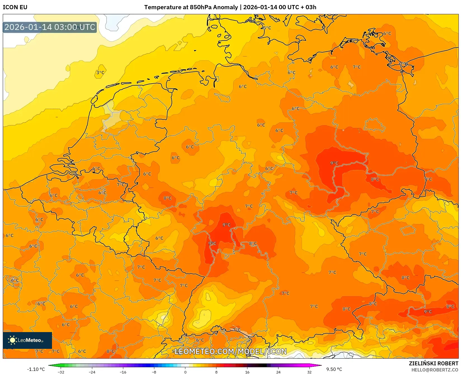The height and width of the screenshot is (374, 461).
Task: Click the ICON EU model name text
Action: (x=15, y=7)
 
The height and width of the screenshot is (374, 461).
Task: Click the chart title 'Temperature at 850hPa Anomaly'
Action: (x=191, y=7)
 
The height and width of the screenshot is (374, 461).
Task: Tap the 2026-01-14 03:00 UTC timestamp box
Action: (x=50, y=27)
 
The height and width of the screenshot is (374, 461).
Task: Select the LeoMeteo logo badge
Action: (x=27, y=340)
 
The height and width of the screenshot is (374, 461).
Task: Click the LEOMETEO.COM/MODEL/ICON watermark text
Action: (x=231, y=351)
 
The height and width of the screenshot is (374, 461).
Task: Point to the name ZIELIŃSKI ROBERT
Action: (x=434, y=363)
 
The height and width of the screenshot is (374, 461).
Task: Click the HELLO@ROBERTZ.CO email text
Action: (x=435, y=370)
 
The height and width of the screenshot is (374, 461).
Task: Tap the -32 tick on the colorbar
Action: (x=61, y=372)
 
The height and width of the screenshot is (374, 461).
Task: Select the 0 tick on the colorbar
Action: (x=185, y=372)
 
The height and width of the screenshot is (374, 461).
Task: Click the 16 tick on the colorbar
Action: (x=247, y=372)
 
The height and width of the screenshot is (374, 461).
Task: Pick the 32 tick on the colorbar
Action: (x=309, y=372)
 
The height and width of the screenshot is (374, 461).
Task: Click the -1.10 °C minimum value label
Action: (x=36, y=369)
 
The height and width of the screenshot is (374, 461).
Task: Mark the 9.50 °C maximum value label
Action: (x=334, y=369)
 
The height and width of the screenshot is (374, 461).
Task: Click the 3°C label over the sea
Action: (x=100, y=72)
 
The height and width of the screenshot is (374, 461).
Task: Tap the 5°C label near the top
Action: (x=267, y=28)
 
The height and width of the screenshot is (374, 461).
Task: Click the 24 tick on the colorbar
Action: (x=278, y=372)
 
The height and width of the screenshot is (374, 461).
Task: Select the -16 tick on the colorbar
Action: (x=123, y=372)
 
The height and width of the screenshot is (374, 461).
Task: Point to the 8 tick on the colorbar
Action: (x=216, y=372)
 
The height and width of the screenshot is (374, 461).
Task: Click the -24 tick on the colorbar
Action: (x=92, y=372)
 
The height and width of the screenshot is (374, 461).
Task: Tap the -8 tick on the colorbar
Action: (x=154, y=372)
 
